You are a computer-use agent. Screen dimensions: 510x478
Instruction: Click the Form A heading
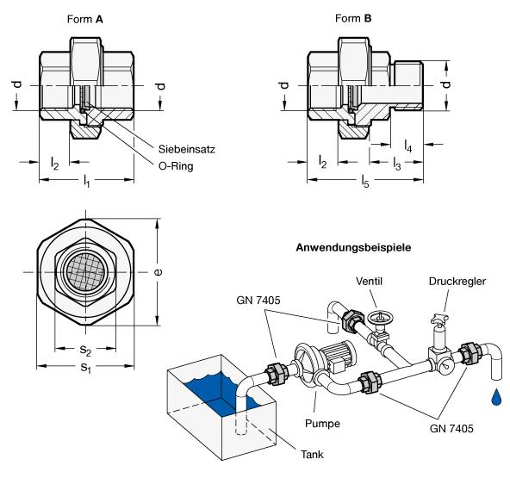click(85, 19)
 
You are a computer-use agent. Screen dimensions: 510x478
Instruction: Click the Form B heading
click(353, 18)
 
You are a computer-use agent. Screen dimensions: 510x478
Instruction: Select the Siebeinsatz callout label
click(187, 149)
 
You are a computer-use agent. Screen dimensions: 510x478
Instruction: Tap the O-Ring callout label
click(176, 166)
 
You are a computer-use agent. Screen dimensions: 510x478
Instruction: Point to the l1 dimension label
click(86, 181)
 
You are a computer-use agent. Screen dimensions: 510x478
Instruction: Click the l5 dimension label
click(365, 181)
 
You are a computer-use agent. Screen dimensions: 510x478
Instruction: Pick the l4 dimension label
click(407, 146)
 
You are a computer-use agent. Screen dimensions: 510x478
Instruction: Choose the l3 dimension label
click(397, 164)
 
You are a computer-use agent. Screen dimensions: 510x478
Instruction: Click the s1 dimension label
click(85, 368)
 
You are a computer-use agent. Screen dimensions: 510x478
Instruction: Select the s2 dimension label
click(85, 350)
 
